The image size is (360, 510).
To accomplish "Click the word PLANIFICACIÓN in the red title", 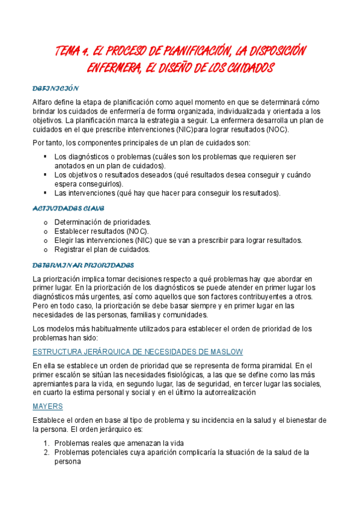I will [187, 51].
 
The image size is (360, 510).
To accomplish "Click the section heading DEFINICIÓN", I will [56, 88].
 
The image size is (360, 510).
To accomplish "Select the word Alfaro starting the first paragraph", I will [44, 102].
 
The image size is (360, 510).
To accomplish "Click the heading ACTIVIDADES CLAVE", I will [68, 208].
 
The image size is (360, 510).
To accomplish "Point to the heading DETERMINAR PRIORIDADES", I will [83, 265].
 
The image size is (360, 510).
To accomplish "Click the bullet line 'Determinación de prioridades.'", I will [103, 222].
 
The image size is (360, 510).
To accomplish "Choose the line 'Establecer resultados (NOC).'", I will [102, 231].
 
